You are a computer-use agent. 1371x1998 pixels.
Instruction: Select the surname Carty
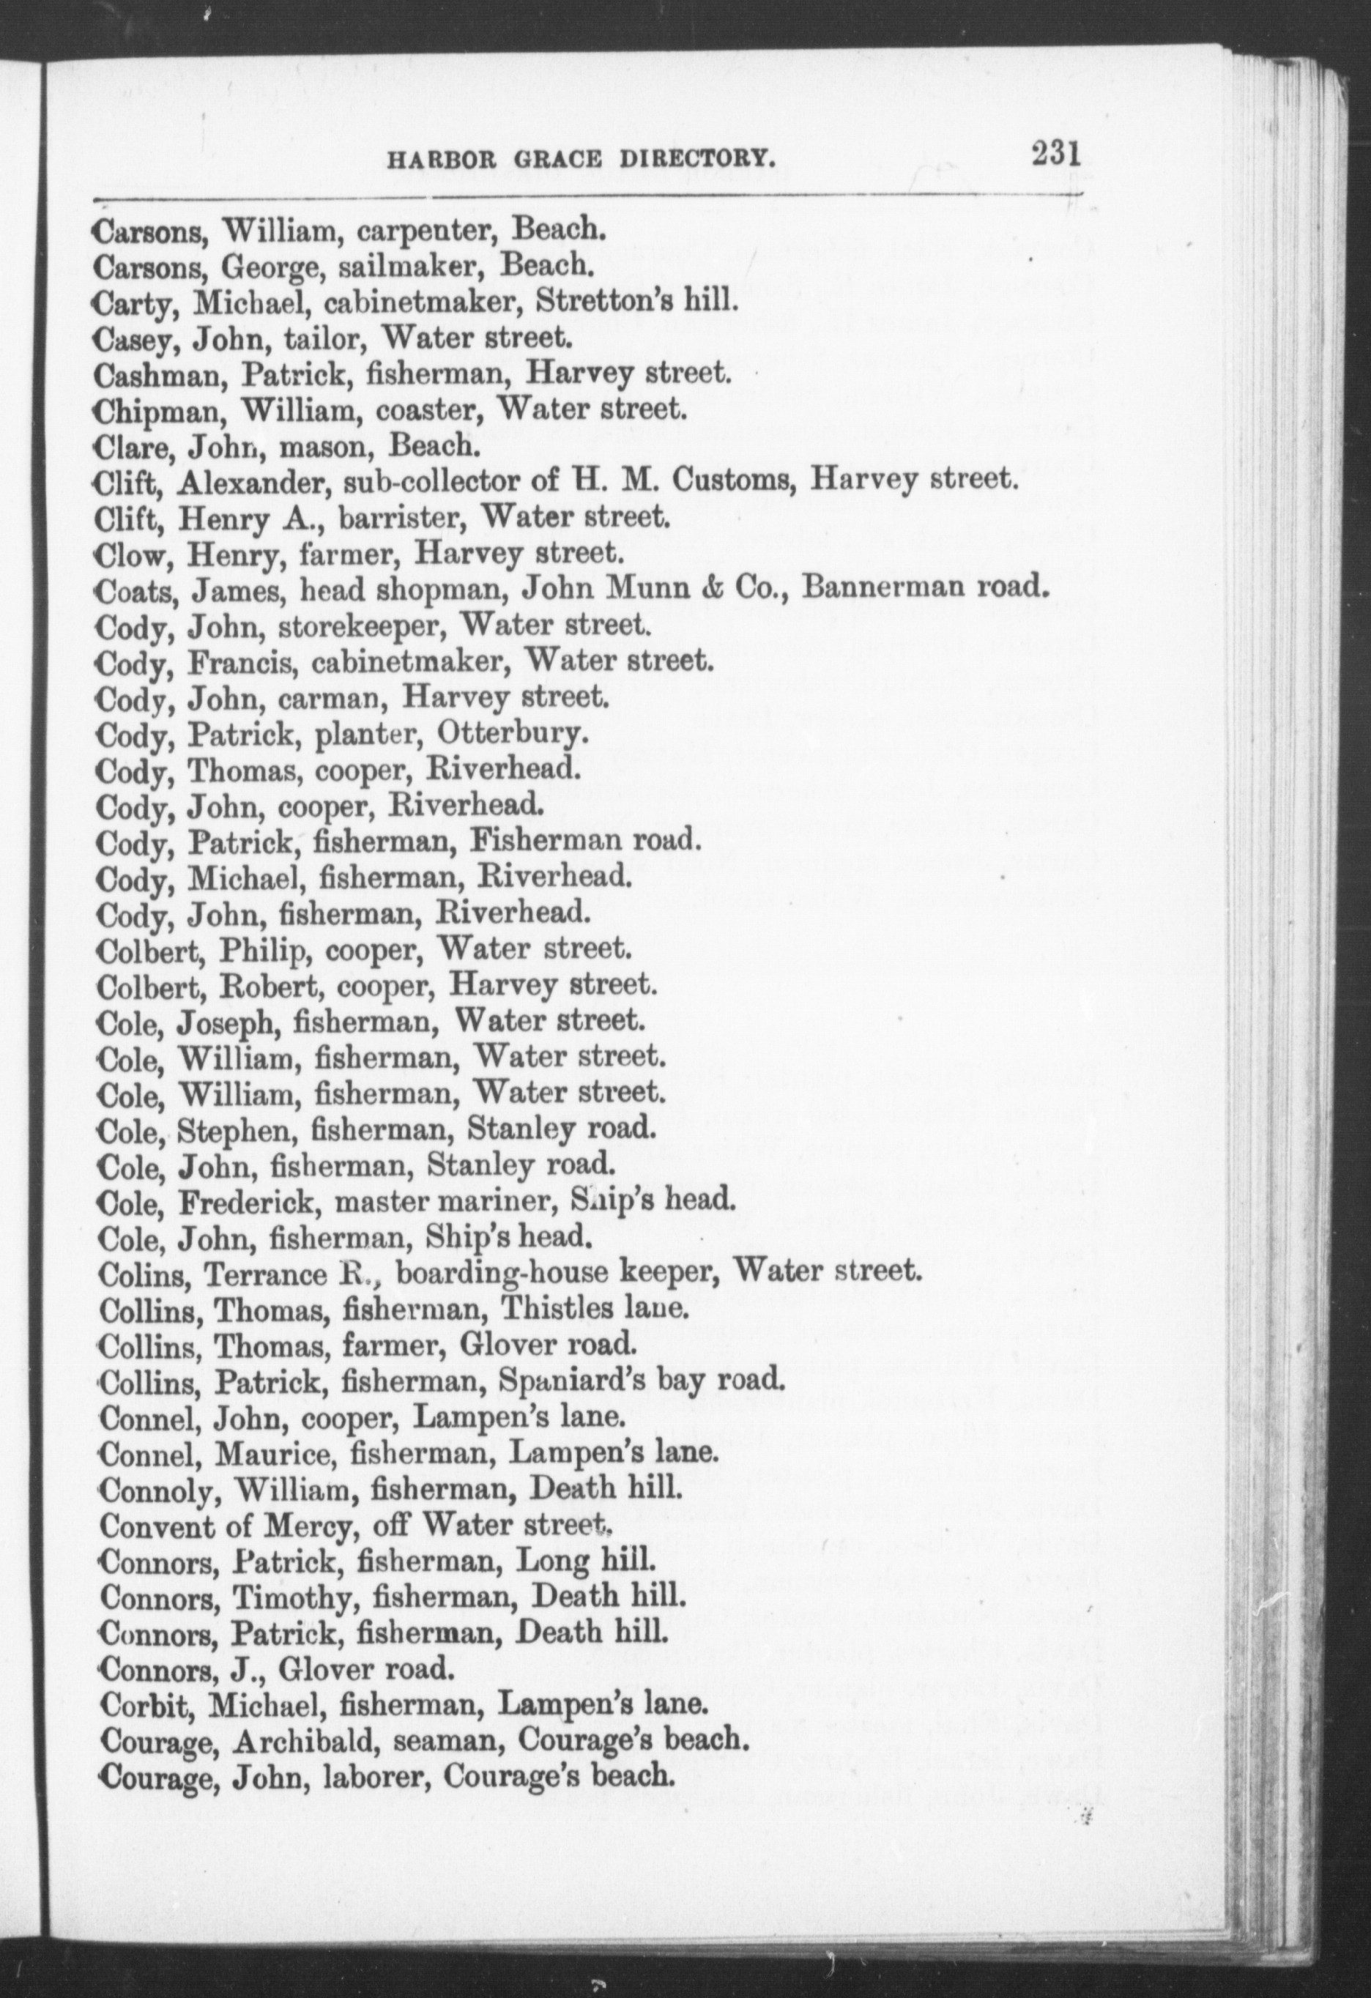point(138,302)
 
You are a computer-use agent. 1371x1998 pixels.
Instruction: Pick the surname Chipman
point(160,410)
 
